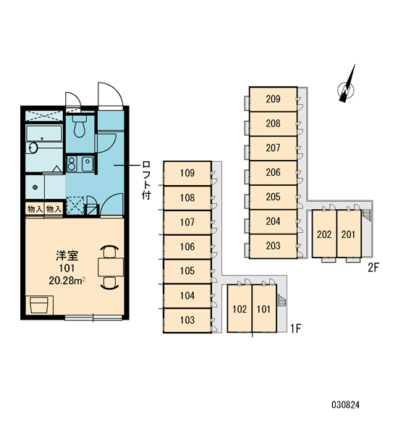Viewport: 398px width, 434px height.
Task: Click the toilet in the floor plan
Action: [x=80, y=126]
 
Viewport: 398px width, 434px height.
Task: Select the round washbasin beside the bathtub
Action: [x=33, y=148]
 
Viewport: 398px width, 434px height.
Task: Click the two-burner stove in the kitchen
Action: [x=72, y=163]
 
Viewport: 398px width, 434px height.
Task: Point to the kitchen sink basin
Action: [x=88, y=163]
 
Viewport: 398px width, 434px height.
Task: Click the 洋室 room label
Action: [x=67, y=255]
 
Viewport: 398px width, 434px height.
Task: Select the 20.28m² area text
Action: [x=67, y=281]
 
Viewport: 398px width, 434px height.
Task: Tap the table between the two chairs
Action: [x=111, y=267]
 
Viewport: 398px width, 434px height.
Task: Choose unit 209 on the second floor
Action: [x=273, y=99]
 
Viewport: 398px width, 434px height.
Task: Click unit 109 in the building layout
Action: [x=187, y=174]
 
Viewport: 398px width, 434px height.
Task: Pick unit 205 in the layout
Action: [x=273, y=197]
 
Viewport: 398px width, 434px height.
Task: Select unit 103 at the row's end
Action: [x=187, y=320]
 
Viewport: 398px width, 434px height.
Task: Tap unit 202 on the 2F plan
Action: [x=324, y=234]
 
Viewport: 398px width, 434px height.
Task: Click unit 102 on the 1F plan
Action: [x=240, y=309]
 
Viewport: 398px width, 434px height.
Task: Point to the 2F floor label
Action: [x=373, y=268]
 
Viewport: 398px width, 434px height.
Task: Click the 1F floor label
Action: [x=295, y=328]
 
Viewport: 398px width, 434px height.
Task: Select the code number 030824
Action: [x=345, y=405]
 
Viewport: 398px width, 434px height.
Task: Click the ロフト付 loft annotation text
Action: [x=146, y=180]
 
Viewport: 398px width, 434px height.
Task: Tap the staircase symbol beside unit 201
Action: [x=366, y=215]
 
